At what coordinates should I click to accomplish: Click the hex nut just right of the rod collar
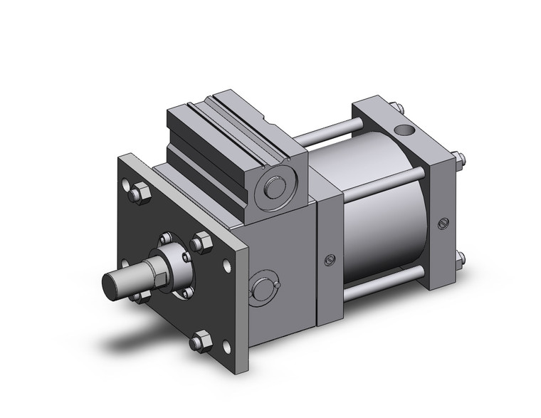pos(201,244)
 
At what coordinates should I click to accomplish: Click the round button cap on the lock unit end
pos(273,188)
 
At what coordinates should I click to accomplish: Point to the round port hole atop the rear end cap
pos(406,130)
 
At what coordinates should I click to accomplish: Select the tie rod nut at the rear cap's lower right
pos(460,258)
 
